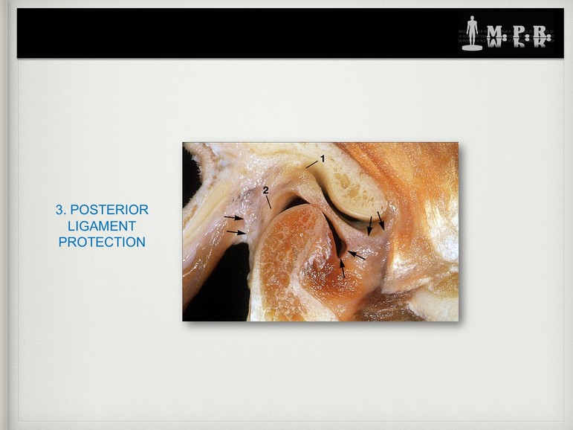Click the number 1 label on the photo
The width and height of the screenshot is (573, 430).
click(323, 158)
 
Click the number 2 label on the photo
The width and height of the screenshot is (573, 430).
click(265, 190)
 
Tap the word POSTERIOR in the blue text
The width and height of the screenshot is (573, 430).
click(109, 210)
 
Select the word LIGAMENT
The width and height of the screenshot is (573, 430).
click(102, 226)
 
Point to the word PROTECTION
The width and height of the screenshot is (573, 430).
click(102, 242)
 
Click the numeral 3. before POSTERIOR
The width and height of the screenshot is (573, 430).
click(61, 210)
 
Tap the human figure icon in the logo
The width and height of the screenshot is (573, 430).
click(472, 33)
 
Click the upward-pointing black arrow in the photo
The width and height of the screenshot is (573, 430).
click(342, 269)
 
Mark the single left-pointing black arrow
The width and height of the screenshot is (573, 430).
click(356, 255)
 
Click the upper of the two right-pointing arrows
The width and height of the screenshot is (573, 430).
click(234, 218)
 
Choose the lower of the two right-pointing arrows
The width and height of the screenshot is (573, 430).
click(236, 232)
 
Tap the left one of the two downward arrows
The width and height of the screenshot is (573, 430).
click(370, 225)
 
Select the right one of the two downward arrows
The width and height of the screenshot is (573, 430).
click(381, 221)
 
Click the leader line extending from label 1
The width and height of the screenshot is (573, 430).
click(312, 164)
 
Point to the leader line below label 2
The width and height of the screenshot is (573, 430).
click(268, 202)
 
